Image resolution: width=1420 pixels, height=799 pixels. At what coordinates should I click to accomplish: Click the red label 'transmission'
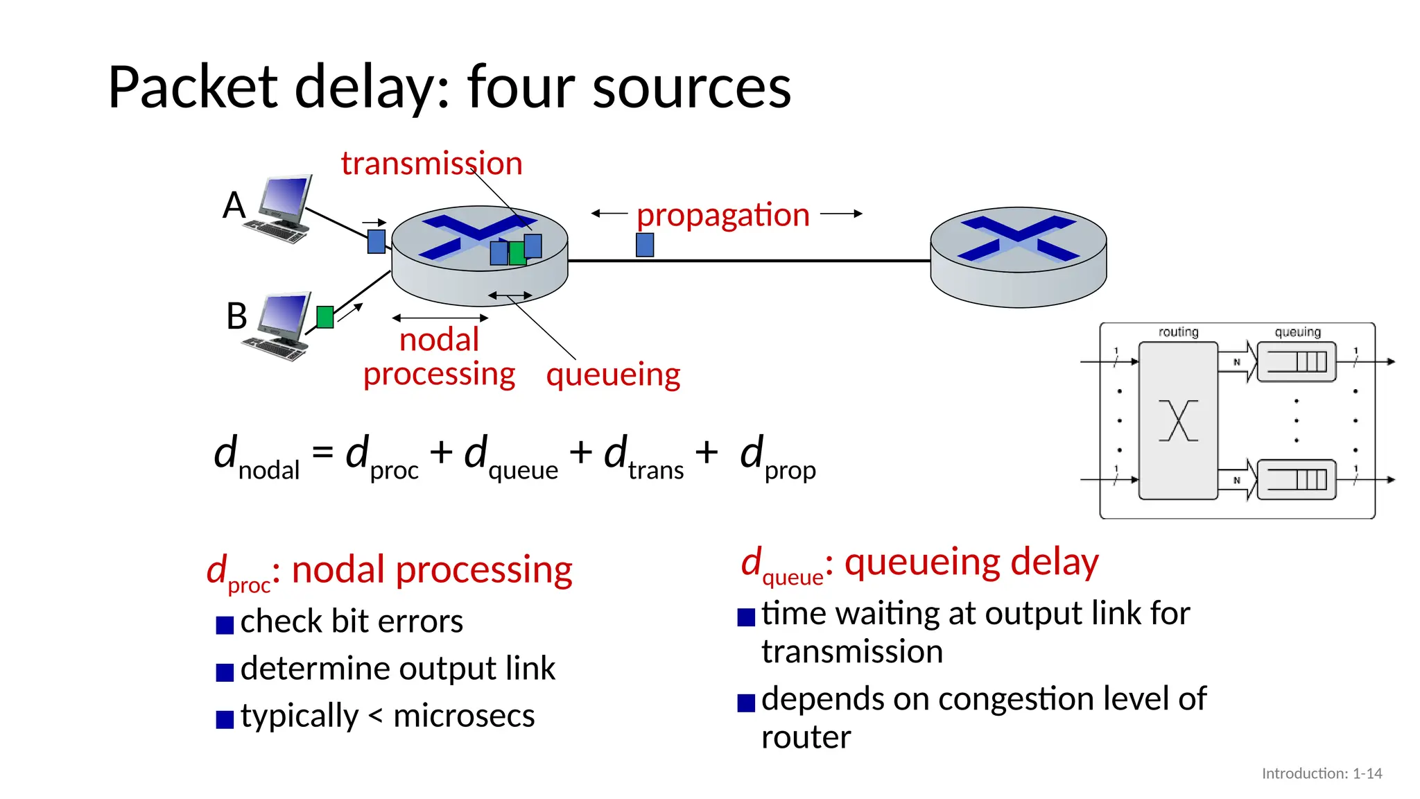431,164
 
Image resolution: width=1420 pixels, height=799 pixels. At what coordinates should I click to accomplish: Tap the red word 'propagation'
722,215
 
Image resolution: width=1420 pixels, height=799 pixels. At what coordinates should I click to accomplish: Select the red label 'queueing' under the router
613,375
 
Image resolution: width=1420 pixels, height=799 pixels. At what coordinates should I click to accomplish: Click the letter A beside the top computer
234,205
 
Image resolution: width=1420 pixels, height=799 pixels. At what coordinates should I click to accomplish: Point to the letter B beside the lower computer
236,316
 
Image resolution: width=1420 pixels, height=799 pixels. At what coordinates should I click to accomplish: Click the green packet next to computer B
324,317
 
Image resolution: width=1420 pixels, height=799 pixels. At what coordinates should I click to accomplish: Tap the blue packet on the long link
645,245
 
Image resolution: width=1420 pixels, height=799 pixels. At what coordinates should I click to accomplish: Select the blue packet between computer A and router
376,241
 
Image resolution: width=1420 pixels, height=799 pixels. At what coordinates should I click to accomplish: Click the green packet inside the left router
517,253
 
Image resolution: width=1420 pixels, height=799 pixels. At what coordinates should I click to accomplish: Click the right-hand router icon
1018,257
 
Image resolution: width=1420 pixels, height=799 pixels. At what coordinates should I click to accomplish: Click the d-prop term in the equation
777,458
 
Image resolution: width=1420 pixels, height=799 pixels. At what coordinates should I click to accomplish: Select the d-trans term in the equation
643,458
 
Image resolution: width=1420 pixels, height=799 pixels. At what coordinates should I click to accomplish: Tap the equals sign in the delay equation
322,453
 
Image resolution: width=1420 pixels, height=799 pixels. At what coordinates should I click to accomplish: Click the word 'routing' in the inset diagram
1178,332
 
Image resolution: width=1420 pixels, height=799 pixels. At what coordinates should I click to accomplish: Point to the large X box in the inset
1178,420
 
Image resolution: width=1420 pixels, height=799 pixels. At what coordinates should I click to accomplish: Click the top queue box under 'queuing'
1297,362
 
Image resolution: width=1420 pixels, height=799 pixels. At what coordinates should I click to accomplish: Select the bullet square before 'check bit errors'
225,625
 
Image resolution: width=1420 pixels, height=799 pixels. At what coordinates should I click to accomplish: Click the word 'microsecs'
464,716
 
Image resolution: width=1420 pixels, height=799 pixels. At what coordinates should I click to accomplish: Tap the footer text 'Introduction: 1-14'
1322,773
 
